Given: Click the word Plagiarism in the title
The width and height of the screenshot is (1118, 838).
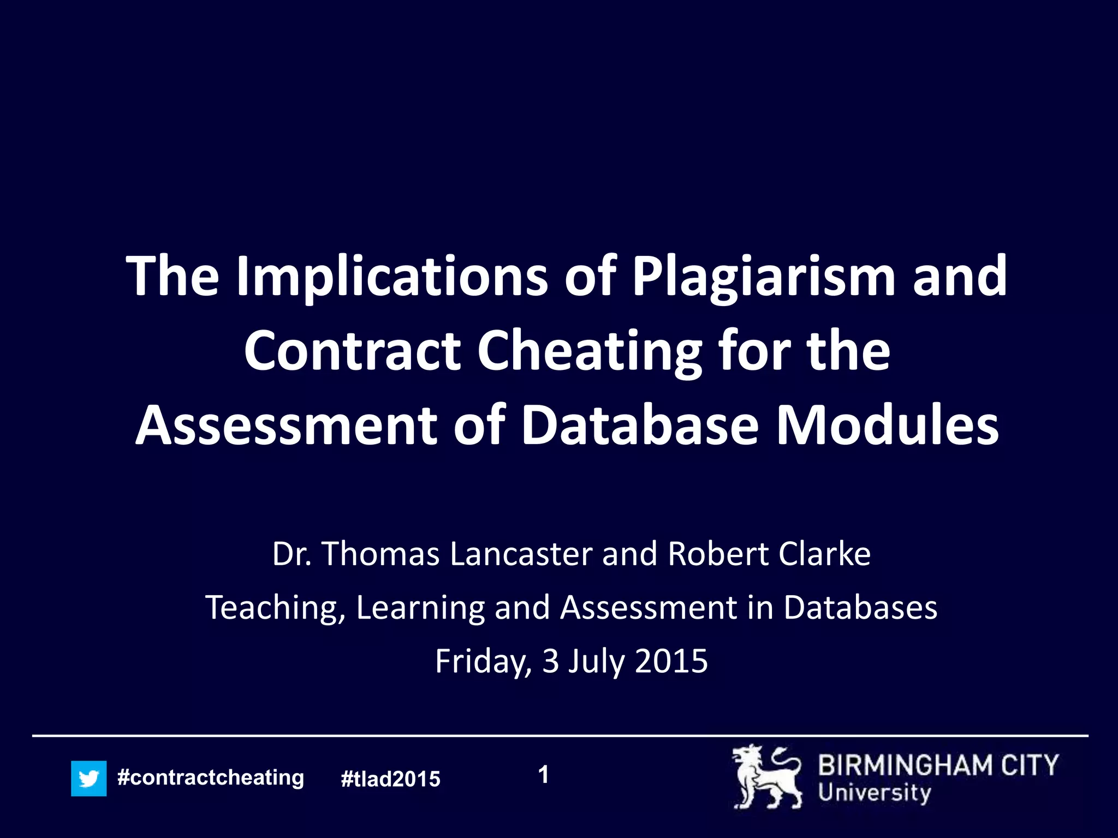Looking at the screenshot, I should click(x=764, y=277).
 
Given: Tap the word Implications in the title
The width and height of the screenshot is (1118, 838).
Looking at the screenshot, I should click(x=391, y=277).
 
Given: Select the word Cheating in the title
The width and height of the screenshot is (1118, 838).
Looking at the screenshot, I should click(x=589, y=351).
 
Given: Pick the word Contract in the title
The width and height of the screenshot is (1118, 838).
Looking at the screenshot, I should click(x=352, y=351).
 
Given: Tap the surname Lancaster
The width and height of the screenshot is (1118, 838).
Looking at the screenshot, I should click(x=521, y=554).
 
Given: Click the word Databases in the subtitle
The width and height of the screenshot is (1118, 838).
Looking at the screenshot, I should click(x=860, y=607).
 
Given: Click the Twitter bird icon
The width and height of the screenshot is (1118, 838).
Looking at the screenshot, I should click(x=88, y=779).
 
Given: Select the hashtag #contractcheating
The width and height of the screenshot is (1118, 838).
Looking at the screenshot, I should click(x=211, y=777).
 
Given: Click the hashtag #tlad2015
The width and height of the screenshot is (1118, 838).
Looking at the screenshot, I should click(x=390, y=779).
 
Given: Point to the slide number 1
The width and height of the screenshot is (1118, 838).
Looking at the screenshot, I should click(x=543, y=775).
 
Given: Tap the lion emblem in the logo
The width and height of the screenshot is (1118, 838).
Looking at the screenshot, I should click(x=767, y=777).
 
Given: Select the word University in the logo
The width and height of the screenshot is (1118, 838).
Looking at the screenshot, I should click(x=875, y=793).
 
